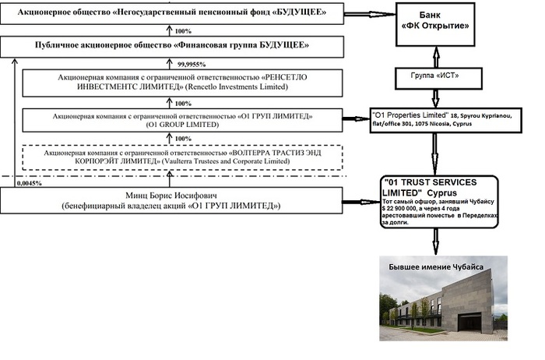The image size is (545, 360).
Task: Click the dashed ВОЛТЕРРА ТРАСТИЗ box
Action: coord(172,157)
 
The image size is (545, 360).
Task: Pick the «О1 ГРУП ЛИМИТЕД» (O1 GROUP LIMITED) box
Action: coord(171,121)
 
